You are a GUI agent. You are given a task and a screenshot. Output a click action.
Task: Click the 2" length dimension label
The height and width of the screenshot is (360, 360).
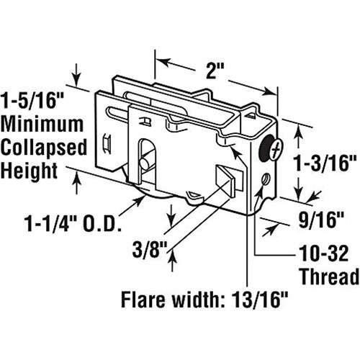coord(215,71)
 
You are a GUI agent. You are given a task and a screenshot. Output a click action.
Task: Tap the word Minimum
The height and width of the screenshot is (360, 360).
coord(42,124)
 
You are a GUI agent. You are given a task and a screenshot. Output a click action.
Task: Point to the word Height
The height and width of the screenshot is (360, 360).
coord(30,171)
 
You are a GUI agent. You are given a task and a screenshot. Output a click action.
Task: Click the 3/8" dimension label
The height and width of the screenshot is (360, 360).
coord(150,250)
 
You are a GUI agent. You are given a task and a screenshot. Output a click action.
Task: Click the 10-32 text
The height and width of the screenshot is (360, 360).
coord(324,253)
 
